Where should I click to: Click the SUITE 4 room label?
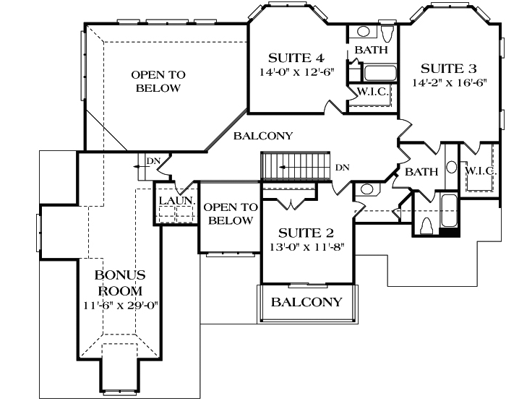tap(296, 58)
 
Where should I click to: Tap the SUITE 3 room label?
tap(449, 69)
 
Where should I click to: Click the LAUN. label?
tap(173, 200)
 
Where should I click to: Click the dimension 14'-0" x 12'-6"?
tap(296, 72)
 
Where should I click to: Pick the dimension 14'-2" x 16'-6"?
tap(449, 83)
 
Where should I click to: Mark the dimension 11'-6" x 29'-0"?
tap(121, 304)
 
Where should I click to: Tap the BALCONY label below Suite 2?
tap(306, 302)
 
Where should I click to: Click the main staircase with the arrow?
tap(294, 167)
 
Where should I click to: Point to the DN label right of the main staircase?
tap(342, 168)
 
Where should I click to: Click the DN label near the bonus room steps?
tap(153, 160)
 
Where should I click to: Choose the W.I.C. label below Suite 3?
tap(479, 171)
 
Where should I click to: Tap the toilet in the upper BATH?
tap(387, 33)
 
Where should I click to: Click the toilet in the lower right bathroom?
tap(426, 225)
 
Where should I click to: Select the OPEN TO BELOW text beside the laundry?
tap(228, 214)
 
